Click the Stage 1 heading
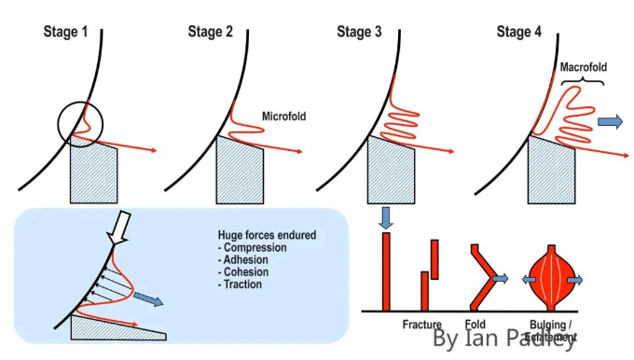[66, 32]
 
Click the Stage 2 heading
[211, 32]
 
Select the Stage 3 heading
[359, 32]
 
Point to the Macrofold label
[584, 68]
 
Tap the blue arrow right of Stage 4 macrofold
[612, 120]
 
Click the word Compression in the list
[246, 250]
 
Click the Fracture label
[421, 325]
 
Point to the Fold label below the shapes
[475, 325]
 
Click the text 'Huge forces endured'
[267, 238]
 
